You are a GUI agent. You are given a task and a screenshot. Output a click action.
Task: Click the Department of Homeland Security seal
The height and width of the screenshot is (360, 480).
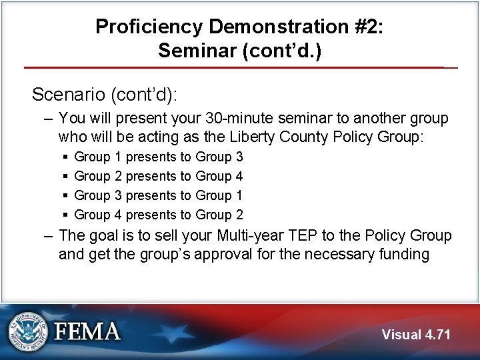click(29, 332)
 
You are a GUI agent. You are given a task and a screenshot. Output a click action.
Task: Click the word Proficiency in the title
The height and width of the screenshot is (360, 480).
click(147, 27)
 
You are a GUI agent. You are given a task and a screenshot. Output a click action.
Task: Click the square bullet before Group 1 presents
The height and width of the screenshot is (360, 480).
click(65, 157)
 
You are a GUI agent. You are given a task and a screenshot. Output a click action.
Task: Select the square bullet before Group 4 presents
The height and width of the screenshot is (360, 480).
click(65, 215)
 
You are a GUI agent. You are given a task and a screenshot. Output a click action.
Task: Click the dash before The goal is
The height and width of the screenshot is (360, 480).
click(46, 235)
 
